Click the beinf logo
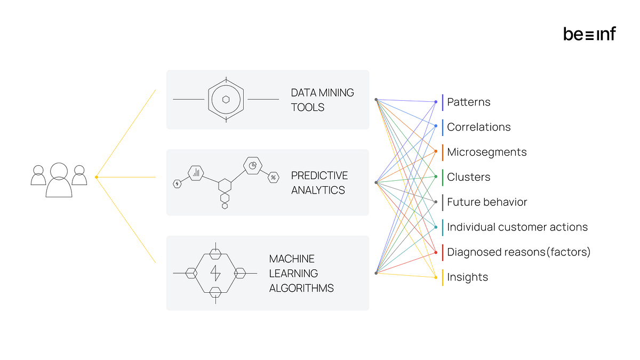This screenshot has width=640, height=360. point(589,34)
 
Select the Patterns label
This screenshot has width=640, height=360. point(468,102)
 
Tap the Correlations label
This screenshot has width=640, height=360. point(478,127)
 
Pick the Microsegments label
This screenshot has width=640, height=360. point(486,152)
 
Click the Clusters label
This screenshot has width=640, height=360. point(468,177)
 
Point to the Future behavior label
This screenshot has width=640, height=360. point(486,202)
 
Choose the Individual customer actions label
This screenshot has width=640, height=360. point(517,227)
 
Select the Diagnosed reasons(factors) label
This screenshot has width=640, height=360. point(518,252)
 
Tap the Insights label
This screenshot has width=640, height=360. point(467,277)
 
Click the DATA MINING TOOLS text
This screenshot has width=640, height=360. point(322,100)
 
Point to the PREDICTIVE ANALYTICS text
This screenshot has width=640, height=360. point(319,182)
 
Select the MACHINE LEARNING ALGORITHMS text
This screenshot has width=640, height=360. point(301,273)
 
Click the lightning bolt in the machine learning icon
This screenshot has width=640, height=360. point(215,273)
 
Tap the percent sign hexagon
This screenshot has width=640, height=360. point(273,177)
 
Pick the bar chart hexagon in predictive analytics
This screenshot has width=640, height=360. point(196,172)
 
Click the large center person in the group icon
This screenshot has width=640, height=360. point(59,180)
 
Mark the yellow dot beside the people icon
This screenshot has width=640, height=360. point(96,177)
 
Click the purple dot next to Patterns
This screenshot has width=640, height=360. point(436,102)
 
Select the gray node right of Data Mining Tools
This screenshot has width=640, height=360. point(376,100)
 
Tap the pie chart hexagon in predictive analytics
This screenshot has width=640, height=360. point(253,165)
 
